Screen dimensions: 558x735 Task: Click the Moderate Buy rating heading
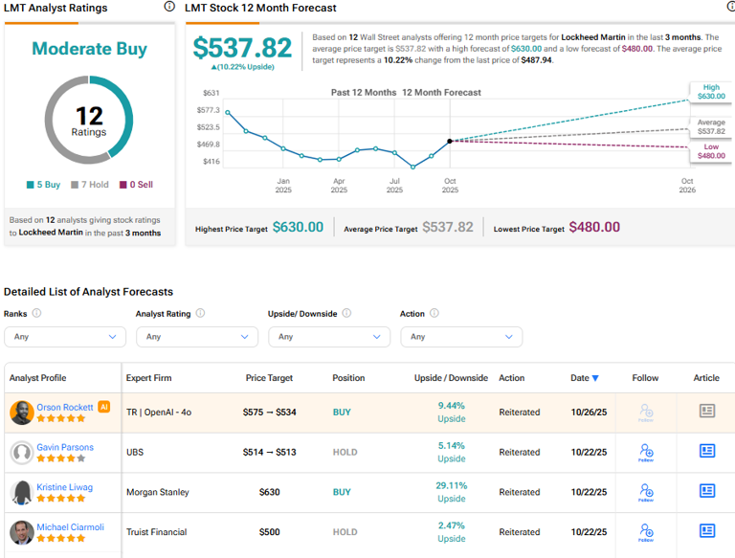(x=89, y=49)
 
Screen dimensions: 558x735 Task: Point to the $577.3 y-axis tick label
(x=211, y=110)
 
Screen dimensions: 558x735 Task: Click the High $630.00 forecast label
(x=711, y=92)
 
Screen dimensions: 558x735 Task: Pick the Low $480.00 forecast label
(x=711, y=152)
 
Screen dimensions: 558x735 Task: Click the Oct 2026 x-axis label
(x=687, y=186)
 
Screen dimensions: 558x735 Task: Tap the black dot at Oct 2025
(x=450, y=141)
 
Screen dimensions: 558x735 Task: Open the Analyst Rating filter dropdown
(x=197, y=337)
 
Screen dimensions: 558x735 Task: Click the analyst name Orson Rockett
(x=65, y=407)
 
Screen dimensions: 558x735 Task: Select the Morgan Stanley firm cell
(x=158, y=492)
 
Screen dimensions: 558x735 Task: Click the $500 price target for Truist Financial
(x=269, y=532)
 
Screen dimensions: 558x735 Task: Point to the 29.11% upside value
(x=451, y=485)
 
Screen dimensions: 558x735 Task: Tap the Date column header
(x=584, y=378)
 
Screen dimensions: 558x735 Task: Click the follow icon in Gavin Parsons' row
(x=646, y=452)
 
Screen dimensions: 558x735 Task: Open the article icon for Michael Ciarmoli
(x=706, y=531)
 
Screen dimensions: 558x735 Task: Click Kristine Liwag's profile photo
(x=21, y=492)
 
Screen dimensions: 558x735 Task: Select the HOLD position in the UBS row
(x=345, y=452)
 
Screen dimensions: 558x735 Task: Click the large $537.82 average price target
(x=241, y=49)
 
